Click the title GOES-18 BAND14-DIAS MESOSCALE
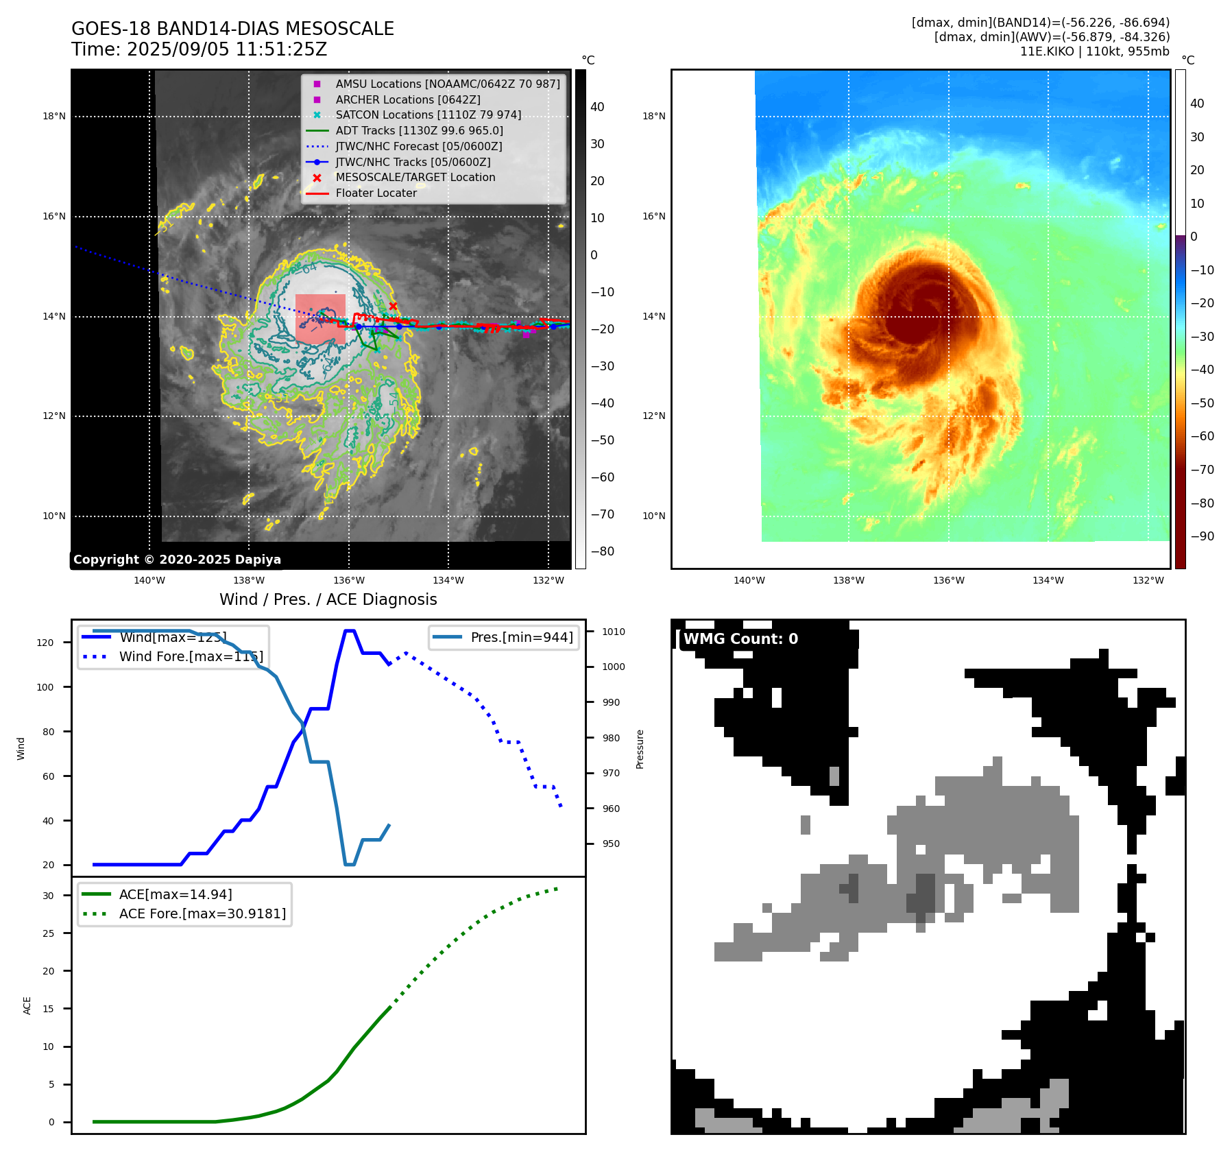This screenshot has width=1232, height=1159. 232,29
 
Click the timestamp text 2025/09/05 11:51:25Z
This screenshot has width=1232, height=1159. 227,50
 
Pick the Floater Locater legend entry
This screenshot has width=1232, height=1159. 376,193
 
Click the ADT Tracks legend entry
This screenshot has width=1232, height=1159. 419,130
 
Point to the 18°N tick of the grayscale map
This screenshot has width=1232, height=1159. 54,117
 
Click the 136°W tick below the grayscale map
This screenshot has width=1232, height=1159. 349,580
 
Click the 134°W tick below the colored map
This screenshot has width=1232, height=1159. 1048,580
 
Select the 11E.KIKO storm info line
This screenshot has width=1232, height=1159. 1094,51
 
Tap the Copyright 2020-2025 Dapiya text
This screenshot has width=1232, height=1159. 177,560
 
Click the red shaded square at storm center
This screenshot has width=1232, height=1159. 320,319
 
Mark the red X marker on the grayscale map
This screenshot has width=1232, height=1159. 393,306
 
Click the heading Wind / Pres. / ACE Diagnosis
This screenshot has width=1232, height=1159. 328,599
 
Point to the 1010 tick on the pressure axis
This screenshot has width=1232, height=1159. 614,632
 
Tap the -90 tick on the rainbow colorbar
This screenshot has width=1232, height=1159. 1203,536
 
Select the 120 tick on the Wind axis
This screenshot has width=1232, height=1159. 45,643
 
